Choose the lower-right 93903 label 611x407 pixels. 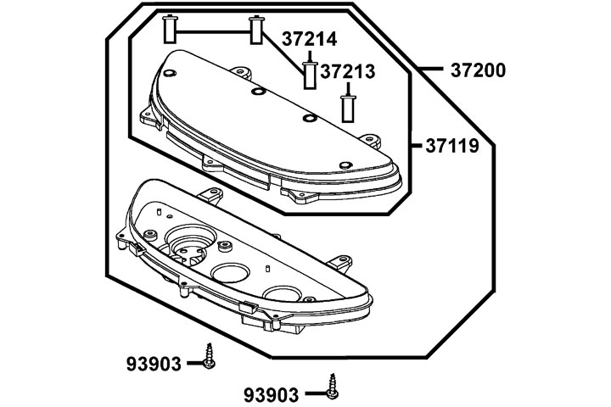(x=272, y=394)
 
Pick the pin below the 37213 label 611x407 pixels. (x=346, y=108)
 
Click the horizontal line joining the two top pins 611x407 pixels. (x=212, y=32)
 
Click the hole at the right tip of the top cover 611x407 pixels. (x=344, y=164)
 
